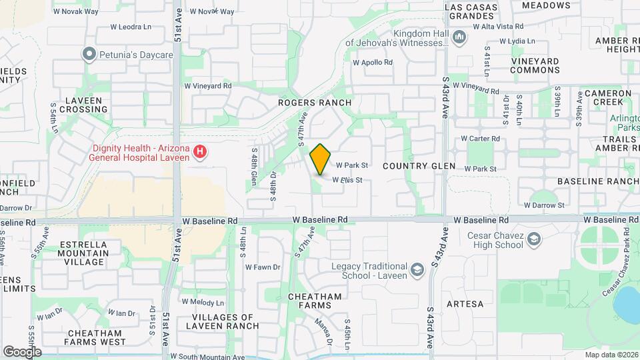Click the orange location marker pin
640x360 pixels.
[320, 159]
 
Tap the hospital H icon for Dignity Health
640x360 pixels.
[199, 153]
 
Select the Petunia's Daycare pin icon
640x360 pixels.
[88, 53]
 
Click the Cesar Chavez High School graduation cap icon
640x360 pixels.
[533, 239]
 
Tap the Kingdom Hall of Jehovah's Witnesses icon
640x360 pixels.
[457, 37]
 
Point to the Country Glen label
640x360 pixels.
[419, 165]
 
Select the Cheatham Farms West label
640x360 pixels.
[95, 337]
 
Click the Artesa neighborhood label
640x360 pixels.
[465, 304]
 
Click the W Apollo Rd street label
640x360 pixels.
[373, 62]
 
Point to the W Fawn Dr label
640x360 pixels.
[263, 267]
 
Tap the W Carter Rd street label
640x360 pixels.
[481, 139]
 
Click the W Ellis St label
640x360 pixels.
[349, 179]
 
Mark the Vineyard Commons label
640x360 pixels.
[535, 65]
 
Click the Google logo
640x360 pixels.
[22, 351]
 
